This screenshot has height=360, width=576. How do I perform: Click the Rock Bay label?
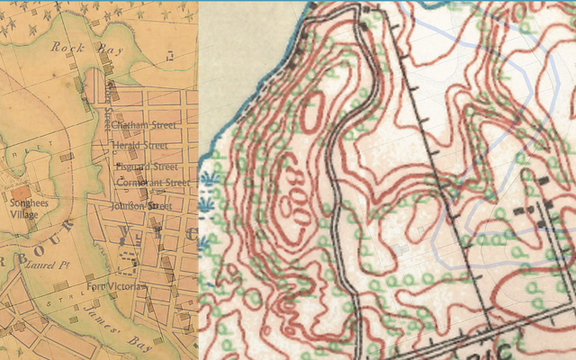pyautogui.click(x=74, y=49)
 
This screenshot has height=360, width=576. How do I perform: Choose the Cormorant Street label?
pyautogui.click(x=153, y=182)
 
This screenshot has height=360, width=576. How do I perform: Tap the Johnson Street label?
pyautogui.click(x=140, y=205)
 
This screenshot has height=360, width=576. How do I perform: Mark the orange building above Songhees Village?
pyautogui.click(x=21, y=192)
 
